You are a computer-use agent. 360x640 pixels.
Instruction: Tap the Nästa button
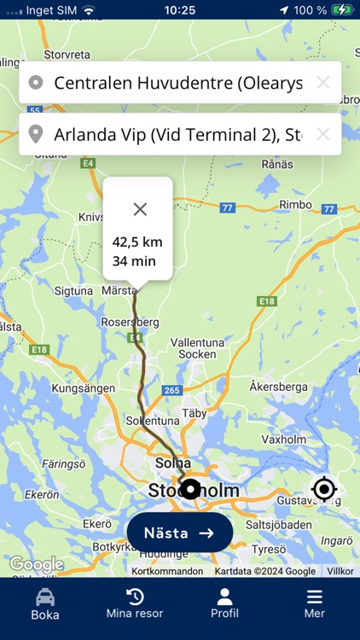click(x=179, y=532)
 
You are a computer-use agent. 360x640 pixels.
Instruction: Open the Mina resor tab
click(x=135, y=602)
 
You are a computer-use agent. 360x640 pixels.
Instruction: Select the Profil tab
click(x=224, y=602)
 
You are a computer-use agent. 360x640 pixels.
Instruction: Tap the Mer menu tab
click(x=315, y=602)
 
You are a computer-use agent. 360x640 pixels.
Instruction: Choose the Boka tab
click(x=45, y=602)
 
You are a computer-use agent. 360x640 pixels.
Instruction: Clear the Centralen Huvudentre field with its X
click(x=322, y=83)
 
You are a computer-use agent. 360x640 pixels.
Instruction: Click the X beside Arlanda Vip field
click(x=322, y=134)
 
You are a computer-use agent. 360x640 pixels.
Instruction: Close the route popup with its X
click(x=140, y=209)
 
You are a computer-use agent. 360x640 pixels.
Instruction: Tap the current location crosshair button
click(x=324, y=489)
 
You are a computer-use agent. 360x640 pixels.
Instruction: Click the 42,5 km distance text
click(x=137, y=242)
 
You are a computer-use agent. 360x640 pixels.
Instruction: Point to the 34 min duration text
click(x=134, y=261)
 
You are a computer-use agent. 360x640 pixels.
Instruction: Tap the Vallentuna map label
click(x=197, y=342)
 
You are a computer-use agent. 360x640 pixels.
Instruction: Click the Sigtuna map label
click(x=73, y=291)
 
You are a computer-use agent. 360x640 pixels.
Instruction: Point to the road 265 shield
click(x=171, y=390)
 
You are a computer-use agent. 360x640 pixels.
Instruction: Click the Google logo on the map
click(x=36, y=564)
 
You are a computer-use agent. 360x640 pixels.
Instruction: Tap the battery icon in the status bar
click(x=342, y=10)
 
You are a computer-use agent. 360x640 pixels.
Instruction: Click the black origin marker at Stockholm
click(x=191, y=489)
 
